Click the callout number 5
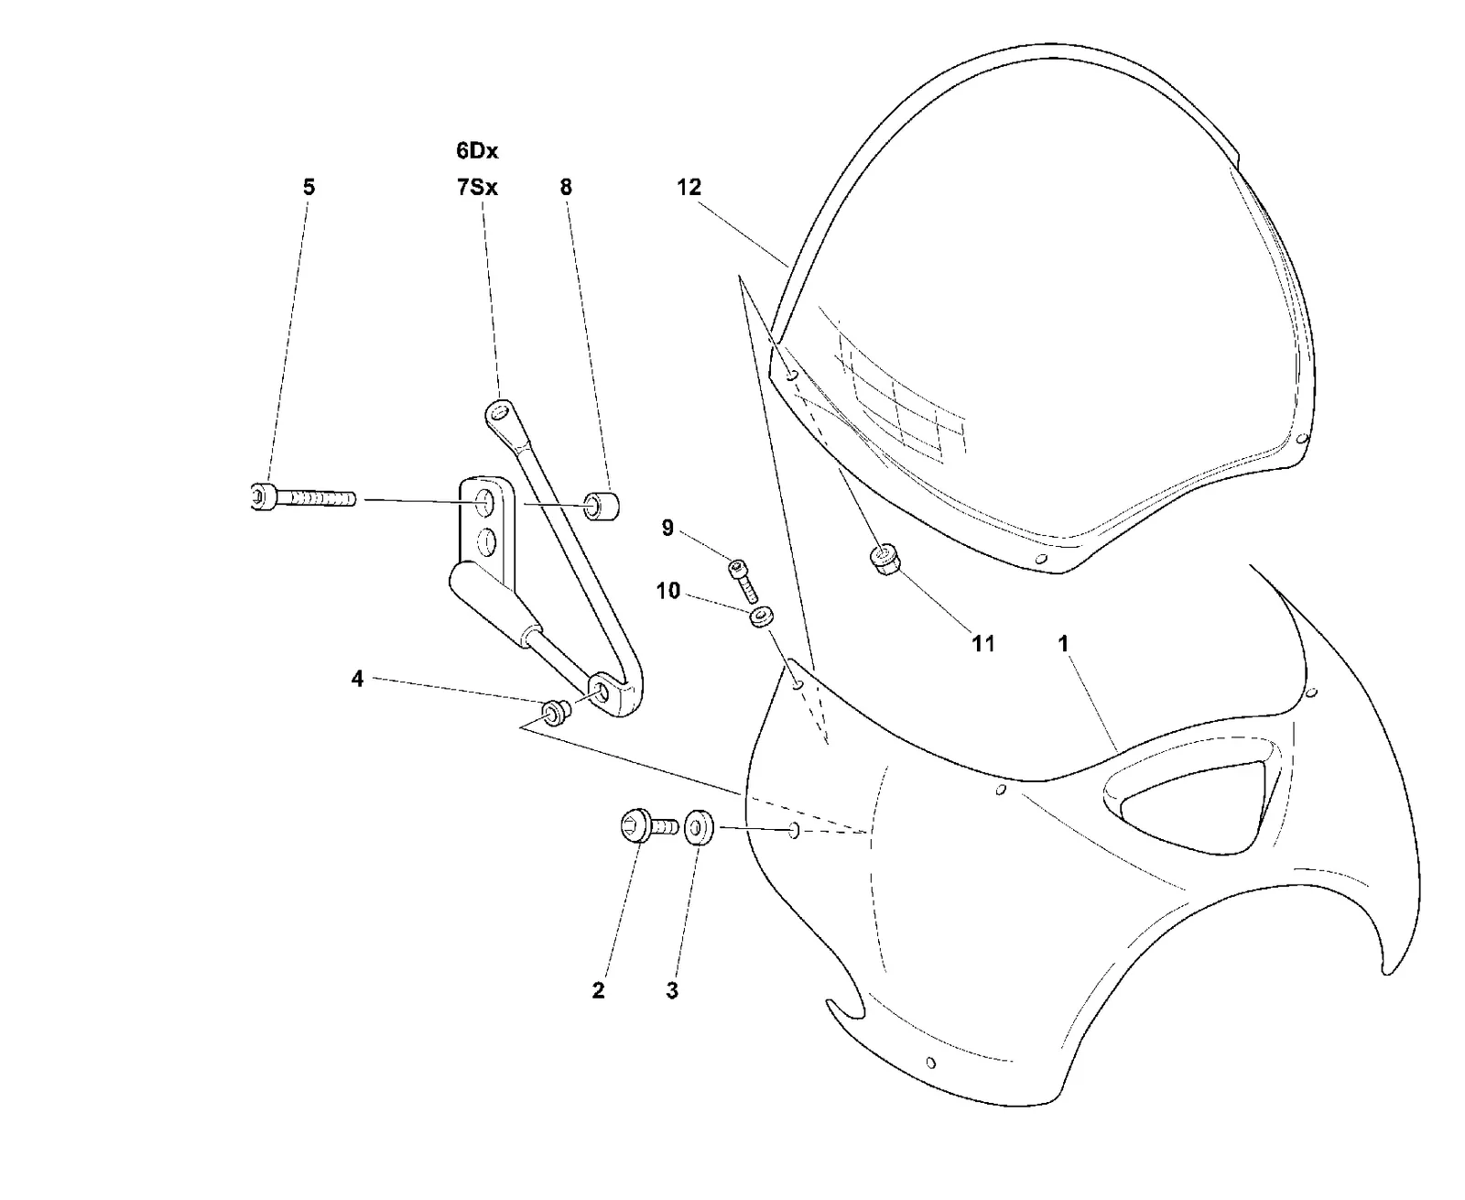[x=309, y=187]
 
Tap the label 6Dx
[x=477, y=150]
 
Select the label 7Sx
[x=477, y=187]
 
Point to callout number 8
[x=566, y=187]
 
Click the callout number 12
[x=689, y=187]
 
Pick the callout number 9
[x=667, y=528]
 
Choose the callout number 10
[x=668, y=591]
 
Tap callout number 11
[x=982, y=644]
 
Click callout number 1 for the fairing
[x=1063, y=644]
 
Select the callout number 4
[x=357, y=679]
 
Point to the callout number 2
[x=598, y=991]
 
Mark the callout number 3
[x=672, y=991]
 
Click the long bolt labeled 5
[x=303, y=497]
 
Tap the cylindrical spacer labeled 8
[x=602, y=506]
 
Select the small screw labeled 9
[x=743, y=582]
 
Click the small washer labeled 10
[x=762, y=617]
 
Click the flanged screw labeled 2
[x=649, y=826]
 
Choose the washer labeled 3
[x=699, y=827]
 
